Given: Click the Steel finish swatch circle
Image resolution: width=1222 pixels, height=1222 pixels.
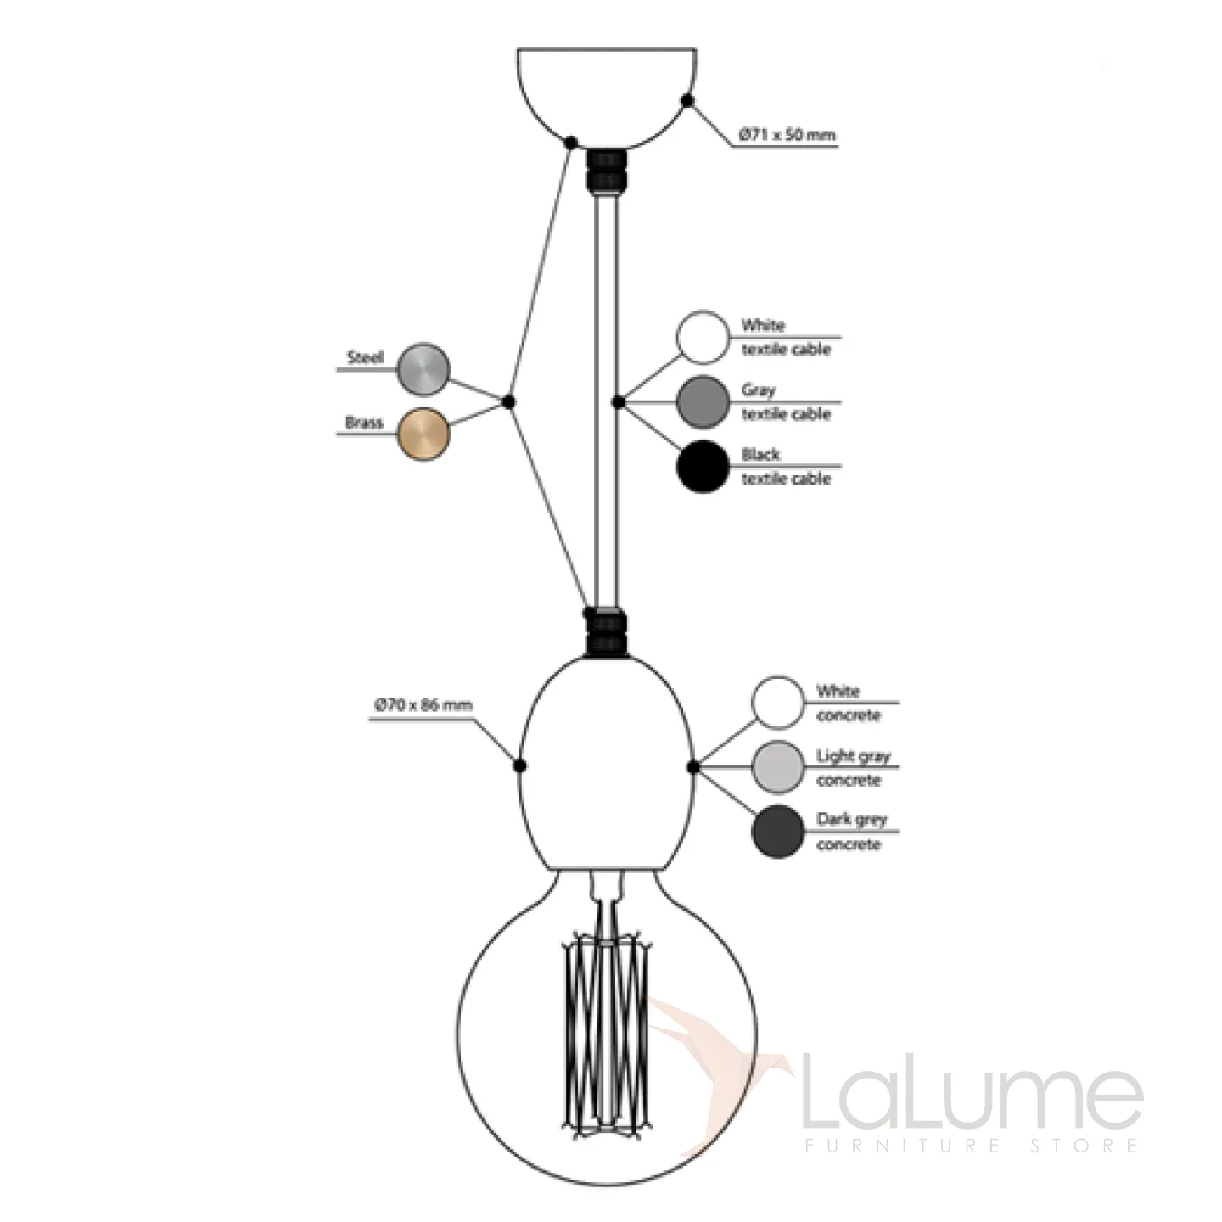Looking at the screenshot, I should tap(423, 369).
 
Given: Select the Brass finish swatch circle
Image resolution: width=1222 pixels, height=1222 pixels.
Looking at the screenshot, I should tap(423, 434).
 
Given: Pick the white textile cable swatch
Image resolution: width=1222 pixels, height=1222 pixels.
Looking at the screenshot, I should tap(703, 337).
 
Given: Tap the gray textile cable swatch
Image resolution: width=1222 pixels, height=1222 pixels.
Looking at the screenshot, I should tap(703, 401).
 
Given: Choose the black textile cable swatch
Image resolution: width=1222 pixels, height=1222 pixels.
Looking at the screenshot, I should tap(703, 466).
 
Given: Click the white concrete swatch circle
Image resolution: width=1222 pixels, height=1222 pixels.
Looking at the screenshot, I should tap(777, 703).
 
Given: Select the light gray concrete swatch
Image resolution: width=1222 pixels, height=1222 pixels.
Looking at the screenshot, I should tap(777, 767).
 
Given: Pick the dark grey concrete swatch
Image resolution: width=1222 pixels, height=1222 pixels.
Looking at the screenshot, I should tap(777, 832).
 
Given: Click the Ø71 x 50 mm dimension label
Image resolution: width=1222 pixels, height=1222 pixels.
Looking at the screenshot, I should tap(787, 135).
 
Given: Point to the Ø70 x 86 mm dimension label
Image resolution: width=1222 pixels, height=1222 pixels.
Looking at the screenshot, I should tap(423, 705).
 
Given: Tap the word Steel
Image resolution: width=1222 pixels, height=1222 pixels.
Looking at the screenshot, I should tap(365, 358).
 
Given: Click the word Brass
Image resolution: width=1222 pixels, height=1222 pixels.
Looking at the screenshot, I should tap(364, 423).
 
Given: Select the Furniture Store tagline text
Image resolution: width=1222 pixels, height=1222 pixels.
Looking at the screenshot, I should tap(971, 1146).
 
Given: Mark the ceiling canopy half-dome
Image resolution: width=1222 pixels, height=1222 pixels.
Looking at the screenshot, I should tap(607, 93).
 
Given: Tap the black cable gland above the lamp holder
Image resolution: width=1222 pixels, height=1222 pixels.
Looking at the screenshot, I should tap(606, 632).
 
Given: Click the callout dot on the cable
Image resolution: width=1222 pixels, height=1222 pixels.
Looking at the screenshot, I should tap(618, 402).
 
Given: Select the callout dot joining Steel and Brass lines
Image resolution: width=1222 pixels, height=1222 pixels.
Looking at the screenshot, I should tap(508, 402).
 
